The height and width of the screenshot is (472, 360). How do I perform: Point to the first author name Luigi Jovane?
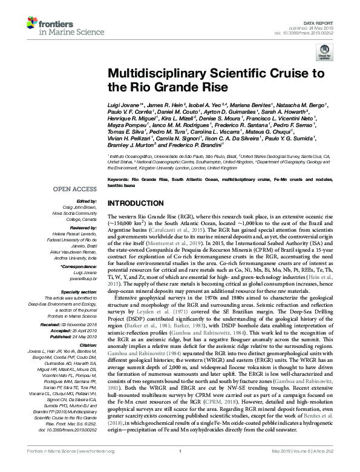[x=125, y=105]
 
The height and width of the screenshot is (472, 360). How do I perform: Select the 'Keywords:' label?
[x=120, y=180]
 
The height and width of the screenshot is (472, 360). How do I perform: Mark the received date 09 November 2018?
[x=83, y=324]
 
